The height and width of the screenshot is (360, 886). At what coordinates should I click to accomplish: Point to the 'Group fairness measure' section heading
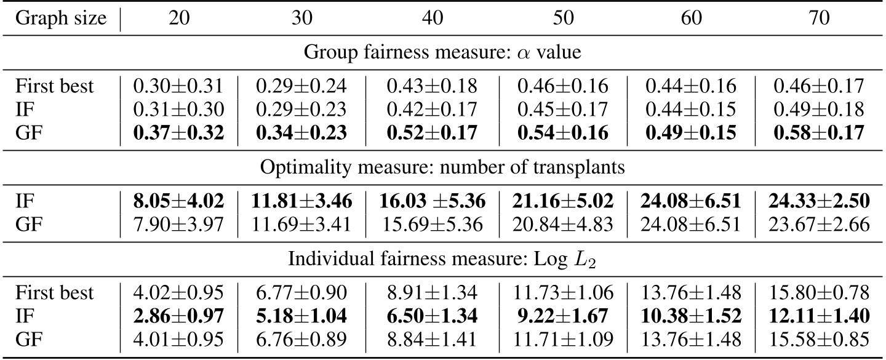(x=442, y=52)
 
